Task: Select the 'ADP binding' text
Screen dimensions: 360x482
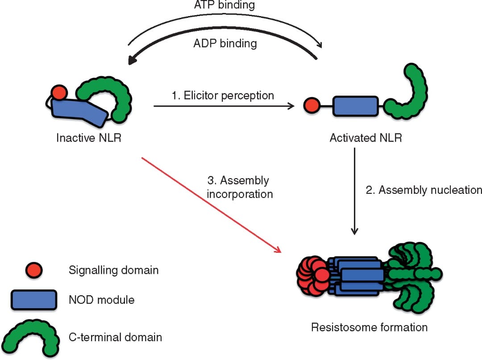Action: coord(225,43)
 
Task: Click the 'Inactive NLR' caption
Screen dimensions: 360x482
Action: coord(89,138)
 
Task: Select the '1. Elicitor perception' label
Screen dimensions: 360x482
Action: coord(223,95)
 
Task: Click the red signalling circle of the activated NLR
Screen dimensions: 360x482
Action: coord(311,106)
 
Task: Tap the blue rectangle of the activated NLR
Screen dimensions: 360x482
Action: coord(355,106)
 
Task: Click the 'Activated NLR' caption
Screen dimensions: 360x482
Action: coord(366,138)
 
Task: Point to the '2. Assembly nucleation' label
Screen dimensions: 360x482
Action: coord(424,190)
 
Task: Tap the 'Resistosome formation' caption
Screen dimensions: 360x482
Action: coord(369,327)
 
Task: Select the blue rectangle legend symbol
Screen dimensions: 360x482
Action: coord(33,299)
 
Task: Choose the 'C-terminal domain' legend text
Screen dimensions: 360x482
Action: coord(115,337)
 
